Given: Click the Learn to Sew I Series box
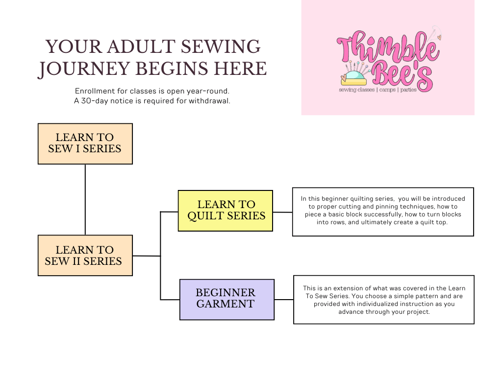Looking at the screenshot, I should (85, 143).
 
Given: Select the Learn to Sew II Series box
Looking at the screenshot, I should (85, 255).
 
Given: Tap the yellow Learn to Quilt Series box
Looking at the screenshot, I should (225, 210).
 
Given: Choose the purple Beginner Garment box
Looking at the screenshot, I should (226, 299).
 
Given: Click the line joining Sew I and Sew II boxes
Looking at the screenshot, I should (85, 199).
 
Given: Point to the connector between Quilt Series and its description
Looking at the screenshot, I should (282, 212).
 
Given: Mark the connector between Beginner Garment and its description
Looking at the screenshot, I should (284, 299).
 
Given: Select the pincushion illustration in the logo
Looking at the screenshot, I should (354, 76).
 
